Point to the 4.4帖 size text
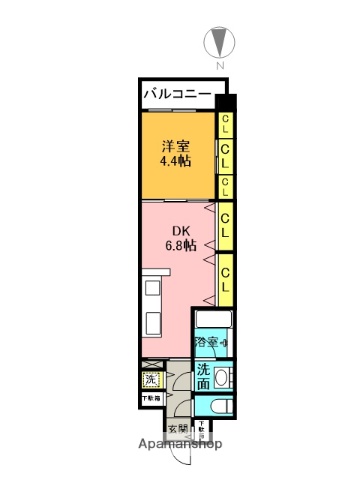pyautogui.click(x=176, y=161)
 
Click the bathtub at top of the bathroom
pyautogui.click(x=213, y=321)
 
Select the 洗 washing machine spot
pyautogui.click(x=150, y=379)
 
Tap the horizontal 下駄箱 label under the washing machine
pyautogui.click(x=150, y=399)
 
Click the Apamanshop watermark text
pyautogui.click(x=180, y=444)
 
